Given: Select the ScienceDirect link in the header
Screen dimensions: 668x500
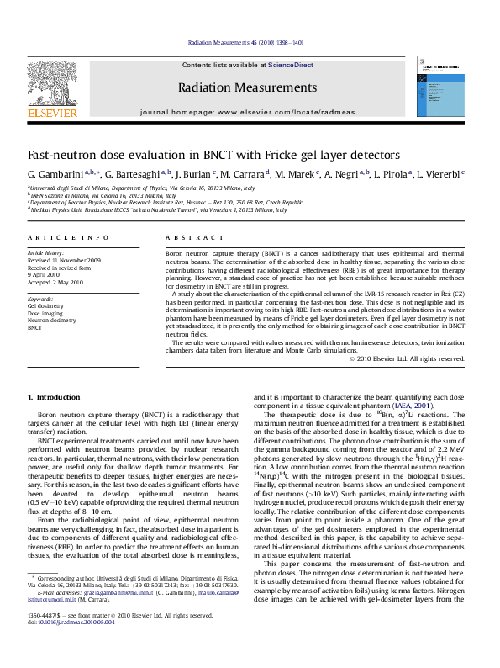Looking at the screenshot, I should (291, 65).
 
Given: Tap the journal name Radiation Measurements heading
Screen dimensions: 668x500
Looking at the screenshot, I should (247, 87).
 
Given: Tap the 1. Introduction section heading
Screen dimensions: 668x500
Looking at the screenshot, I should (55, 396).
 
